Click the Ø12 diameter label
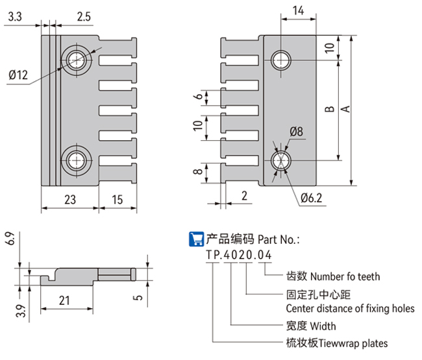(x=18, y=75)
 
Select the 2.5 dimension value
(x=83, y=18)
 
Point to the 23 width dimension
(x=71, y=201)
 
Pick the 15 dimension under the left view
(x=118, y=201)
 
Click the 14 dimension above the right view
(x=298, y=10)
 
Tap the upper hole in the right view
(x=282, y=59)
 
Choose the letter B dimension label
(x=329, y=110)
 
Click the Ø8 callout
(x=296, y=132)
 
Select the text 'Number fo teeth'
(x=340, y=276)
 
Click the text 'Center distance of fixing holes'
(x=350, y=308)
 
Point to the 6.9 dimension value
(x=8, y=238)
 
